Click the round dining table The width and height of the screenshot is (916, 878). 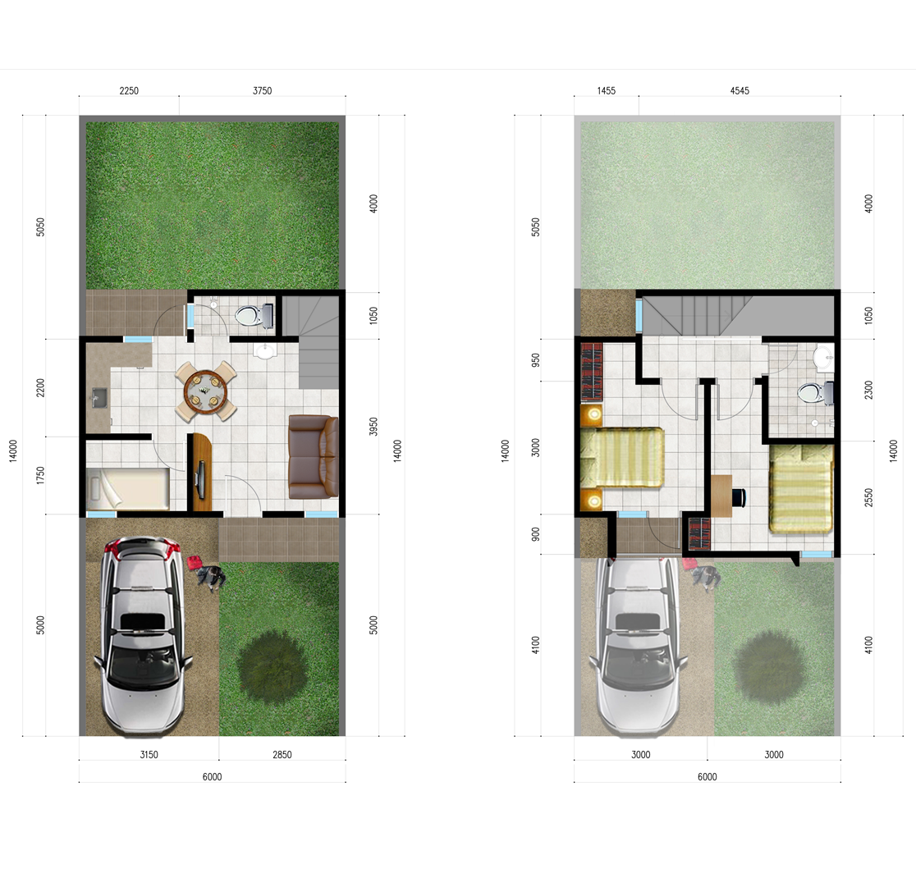205,391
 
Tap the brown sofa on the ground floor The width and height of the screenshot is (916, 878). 313,457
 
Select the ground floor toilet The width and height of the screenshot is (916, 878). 254,316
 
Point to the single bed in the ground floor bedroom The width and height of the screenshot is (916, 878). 128,489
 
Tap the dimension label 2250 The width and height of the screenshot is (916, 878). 129,90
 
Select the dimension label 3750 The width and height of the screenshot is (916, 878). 263,90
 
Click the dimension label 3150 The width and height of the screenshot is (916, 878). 149,755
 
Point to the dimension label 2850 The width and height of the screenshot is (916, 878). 282,755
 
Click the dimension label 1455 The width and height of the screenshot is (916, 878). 607,90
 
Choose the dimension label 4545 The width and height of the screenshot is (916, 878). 740,90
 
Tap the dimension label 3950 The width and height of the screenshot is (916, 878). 373,427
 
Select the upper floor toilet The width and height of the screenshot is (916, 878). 815,392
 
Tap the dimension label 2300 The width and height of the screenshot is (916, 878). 868,390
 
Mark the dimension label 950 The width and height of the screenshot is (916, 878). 536,360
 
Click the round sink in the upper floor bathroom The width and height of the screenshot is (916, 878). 824,357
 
